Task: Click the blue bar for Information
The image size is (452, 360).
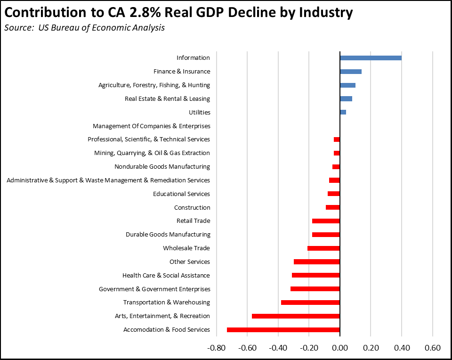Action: (x=371, y=58)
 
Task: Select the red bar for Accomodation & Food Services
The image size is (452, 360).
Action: (x=283, y=330)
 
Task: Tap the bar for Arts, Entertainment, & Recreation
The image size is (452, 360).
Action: (x=296, y=316)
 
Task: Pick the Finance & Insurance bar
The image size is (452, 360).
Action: (x=351, y=72)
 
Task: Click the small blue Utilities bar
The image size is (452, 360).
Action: (x=343, y=113)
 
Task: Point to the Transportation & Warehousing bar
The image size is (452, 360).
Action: (x=310, y=303)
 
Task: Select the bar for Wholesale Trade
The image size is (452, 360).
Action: (x=323, y=248)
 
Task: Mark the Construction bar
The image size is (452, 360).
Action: (x=333, y=207)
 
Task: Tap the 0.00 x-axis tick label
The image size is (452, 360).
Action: (x=339, y=348)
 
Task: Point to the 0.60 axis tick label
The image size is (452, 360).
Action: (x=432, y=348)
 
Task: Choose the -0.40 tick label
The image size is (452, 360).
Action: (x=278, y=348)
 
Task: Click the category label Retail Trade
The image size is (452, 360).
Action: (x=193, y=221)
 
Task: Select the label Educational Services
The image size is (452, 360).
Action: (x=181, y=194)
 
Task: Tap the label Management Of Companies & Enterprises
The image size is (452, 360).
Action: (x=151, y=126)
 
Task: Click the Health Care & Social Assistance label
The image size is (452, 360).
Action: (x=166, y=275)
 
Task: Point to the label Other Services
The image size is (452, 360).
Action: (x=189, y=262)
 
